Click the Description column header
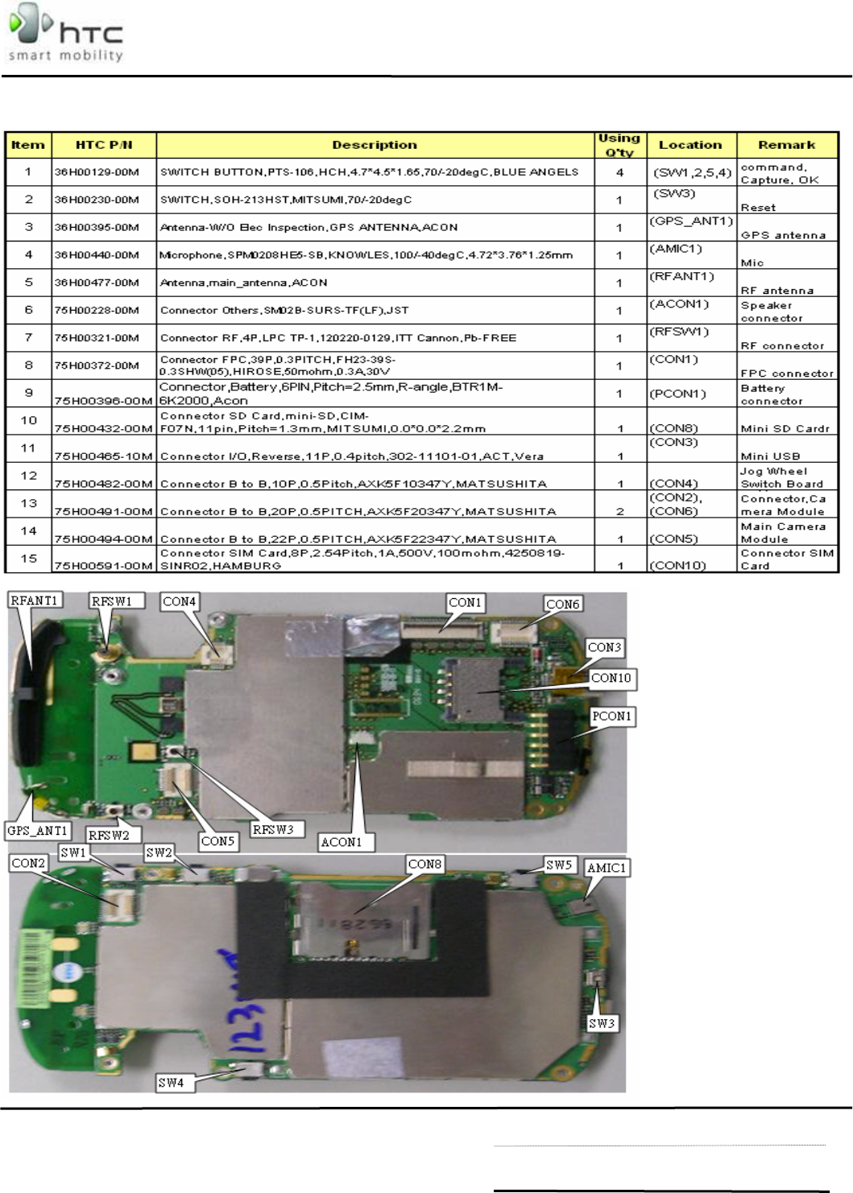pos(375,145)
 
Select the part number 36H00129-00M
pos(97,172)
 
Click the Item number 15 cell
pos(29,559)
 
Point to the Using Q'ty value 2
pos(619,511)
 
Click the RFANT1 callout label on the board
pos(35,601)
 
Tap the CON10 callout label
pos(611,678)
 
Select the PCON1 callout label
pos(611,716)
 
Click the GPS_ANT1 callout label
pos(37,831)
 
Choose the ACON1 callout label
pos(342,842)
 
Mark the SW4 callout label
pos(171,1083)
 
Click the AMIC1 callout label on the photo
pos(606,868)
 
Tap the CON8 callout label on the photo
pos(424,864)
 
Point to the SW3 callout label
pos(601,1023)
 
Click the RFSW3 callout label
pos(273,829)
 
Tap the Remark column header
pos(786,145)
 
